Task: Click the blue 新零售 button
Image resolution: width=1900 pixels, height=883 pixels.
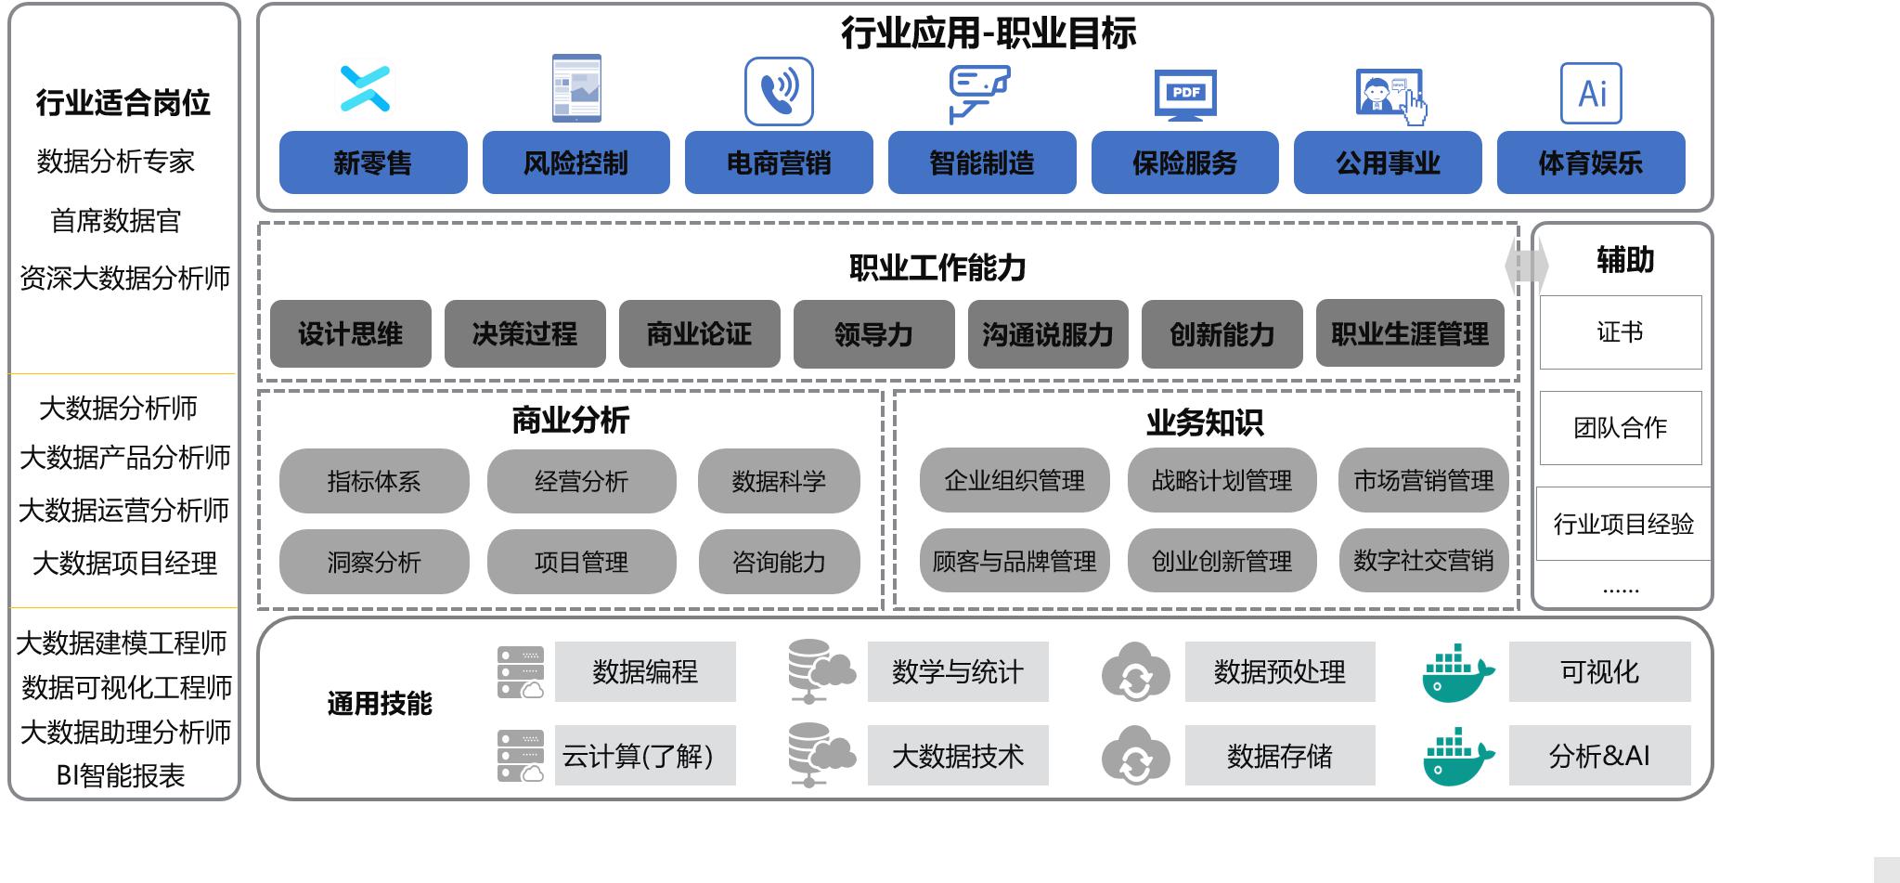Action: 373,162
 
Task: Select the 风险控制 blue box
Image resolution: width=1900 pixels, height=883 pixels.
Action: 576,162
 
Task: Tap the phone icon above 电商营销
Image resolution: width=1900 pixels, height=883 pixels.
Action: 779,91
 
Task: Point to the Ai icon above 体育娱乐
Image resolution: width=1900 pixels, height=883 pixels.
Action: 1591,93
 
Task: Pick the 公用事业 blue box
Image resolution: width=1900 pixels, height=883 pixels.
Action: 1388,162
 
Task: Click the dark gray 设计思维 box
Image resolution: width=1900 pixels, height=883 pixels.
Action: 351,333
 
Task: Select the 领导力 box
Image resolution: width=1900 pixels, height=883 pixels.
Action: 874,333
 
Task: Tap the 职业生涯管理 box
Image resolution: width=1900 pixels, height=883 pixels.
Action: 1410,333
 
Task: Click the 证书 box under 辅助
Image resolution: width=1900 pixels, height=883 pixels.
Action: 1621,332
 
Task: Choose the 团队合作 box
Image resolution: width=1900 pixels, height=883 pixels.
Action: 1621,428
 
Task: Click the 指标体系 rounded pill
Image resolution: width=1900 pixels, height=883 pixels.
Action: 374,481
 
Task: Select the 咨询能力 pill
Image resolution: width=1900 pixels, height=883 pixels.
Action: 779,562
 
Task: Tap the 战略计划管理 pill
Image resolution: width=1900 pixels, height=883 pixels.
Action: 1221,480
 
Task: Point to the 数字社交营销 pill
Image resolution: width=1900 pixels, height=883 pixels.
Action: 1424,561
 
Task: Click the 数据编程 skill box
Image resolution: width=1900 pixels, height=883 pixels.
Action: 645,671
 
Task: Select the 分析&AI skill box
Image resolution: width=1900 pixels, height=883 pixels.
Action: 1600,756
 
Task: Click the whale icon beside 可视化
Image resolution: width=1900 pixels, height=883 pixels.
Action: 1458,673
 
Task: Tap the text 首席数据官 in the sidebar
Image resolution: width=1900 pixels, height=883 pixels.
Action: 116,221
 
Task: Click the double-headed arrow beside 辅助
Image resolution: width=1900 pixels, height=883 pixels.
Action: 1527,266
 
